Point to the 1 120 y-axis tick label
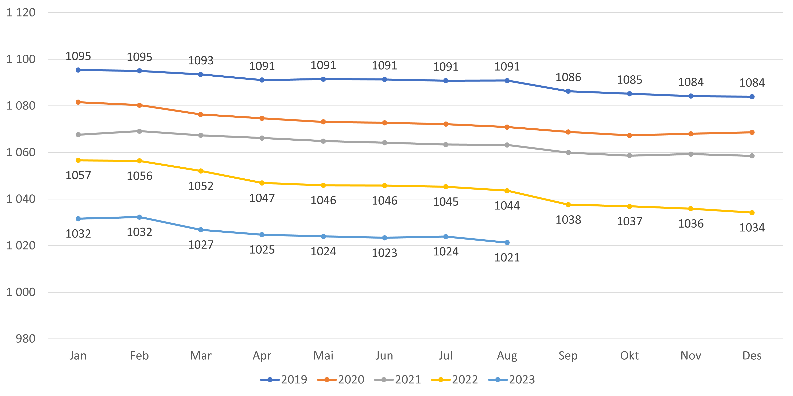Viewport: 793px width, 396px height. click(x=21, y=13)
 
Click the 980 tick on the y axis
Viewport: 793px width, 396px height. click(x=26, y=339)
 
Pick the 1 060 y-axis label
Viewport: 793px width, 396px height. click(x=21, y=152)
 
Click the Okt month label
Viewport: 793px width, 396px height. click(x=629, y=356)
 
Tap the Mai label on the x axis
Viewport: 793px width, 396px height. click(x=323, y=356)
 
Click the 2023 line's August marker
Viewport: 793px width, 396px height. click(x=507, y=243)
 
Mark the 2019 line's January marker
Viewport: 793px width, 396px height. click(x=78, y=70)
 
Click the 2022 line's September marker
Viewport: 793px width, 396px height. click(x=568, y=205)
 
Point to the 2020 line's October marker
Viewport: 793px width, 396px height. click(x=629, y=135)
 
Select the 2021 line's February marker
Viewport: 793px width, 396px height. click(x=139, y=131)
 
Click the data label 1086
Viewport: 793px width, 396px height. click(x=568, y=77)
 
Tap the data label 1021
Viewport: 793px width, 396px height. click(x=507, y=258)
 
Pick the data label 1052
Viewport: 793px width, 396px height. click(x=201, y=186)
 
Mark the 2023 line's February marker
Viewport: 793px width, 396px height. click(x=139, y=217)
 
